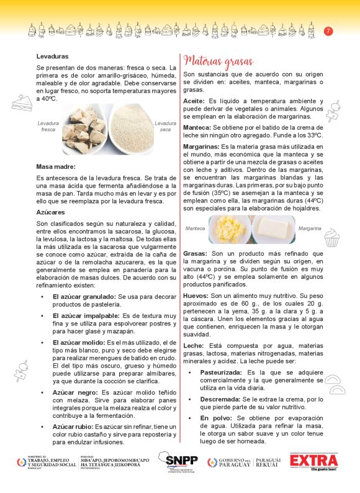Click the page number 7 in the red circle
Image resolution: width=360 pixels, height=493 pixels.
[328, 31]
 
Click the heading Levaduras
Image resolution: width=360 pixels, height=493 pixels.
[52, 57]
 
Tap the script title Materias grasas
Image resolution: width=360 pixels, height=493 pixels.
[218, 61]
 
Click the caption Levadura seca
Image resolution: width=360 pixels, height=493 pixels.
[165, 127]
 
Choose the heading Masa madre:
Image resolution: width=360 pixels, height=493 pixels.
[56, 166]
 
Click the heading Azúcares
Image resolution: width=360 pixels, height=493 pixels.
[51, 212]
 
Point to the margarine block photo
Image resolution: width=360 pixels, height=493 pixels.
[274, 229]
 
